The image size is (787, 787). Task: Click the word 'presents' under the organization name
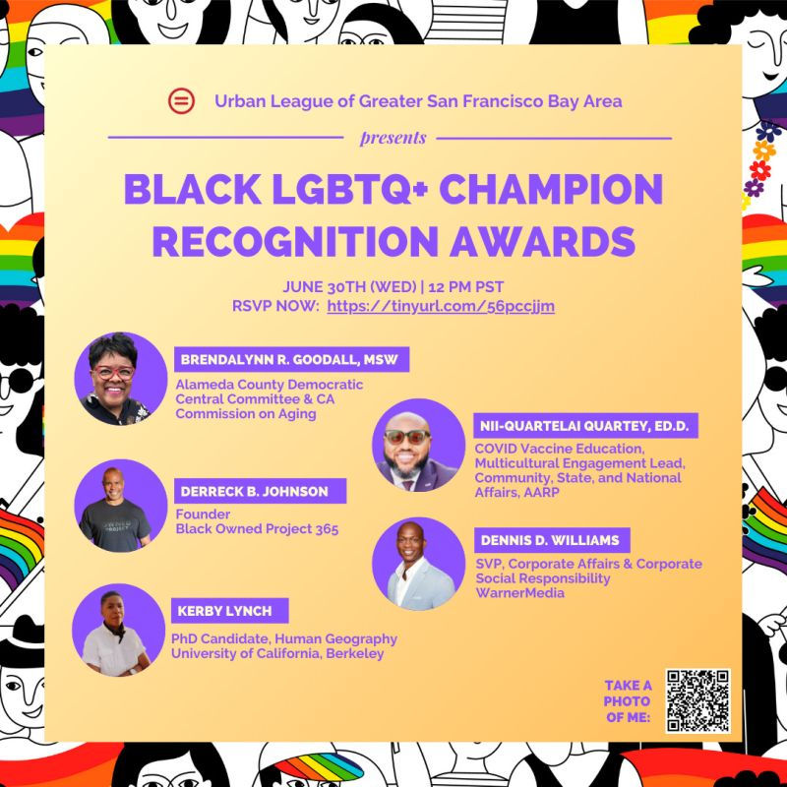click(393, 138)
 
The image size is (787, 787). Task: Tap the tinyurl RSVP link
click(441, 306)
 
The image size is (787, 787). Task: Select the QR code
click(696, 701)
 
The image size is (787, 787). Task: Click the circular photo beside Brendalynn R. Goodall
click(121, 378)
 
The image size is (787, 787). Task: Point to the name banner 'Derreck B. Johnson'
click(253, 490)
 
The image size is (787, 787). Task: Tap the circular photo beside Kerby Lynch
click(119, 630)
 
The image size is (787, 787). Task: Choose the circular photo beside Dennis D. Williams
click(418, 564)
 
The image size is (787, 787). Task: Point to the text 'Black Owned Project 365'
click(256, 529)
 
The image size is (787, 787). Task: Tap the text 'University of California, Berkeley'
click(276, 654)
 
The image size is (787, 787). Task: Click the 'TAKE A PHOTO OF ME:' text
click(628, 700)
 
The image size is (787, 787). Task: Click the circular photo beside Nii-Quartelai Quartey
click(418, 445)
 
